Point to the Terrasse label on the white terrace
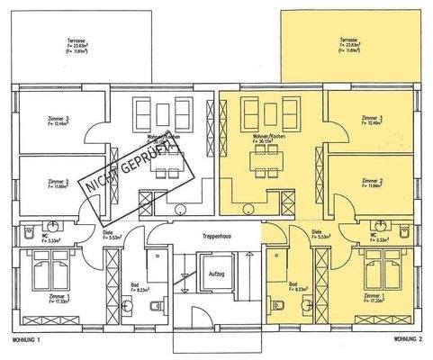(77, 40)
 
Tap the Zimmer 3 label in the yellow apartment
(371, 118)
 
